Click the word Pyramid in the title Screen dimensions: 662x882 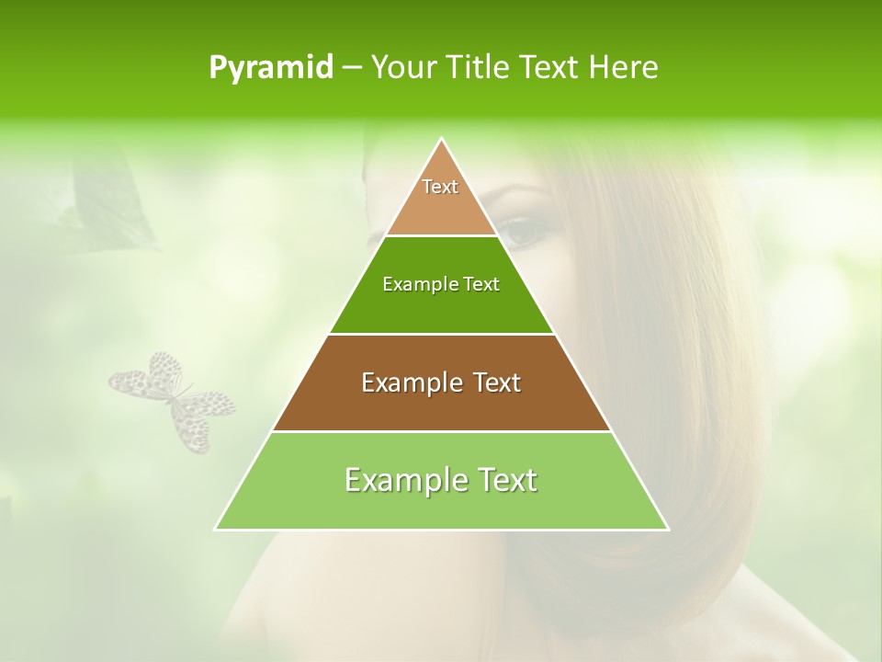pyautogui.click(x=270, y=68)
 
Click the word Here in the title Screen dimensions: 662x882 pyautogui.click(x=624, y=68)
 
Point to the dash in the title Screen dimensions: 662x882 pyautogui.click(x=351, y=68)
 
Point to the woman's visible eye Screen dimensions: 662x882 pyautogui.click(x=523, y=230)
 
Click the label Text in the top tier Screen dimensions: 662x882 pyautogui.click(x=440, y=187)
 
